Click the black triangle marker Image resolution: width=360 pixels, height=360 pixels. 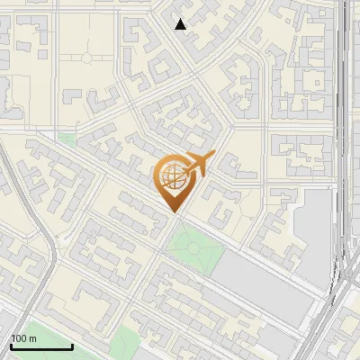click(x=181, y=24)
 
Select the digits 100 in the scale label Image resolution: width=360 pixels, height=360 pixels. click(x=20, y=338)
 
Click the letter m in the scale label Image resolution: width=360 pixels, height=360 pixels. click(x=33, y=338)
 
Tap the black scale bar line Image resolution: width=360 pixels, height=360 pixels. click(x=41, y=346)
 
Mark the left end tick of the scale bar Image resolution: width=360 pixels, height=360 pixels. click(x=12, y=345)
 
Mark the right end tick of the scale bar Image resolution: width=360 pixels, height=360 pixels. click(x=72, y=345)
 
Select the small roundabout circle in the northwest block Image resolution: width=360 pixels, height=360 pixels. click(x=87, y=58)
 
